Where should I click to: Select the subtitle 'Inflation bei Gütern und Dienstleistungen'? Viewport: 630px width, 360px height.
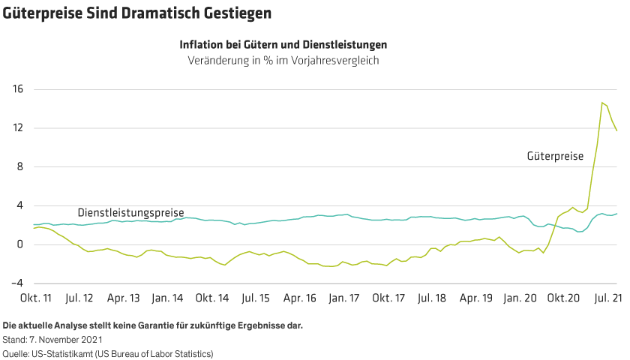click(x=283, y=45)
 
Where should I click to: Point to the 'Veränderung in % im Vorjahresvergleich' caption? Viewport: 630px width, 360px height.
click(x=283, y=61)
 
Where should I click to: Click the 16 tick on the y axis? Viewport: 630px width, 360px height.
click(x=18, y=89)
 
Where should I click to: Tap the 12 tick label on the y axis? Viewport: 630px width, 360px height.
click(x=18, y=128)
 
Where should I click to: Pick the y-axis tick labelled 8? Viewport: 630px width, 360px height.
click(x=20, y=167)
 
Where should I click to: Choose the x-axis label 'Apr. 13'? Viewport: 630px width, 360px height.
click(x=123, y=298)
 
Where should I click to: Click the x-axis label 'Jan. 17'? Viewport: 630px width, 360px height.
click(x=344, y=298)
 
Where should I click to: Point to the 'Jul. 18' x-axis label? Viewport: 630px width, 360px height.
click(x=433, y=298)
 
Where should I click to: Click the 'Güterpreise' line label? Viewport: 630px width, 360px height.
click(x=555, y=157)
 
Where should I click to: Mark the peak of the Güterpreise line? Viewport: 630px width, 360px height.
click(x=602, y=102)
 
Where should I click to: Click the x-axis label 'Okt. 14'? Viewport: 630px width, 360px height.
click(x=211, y=298)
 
